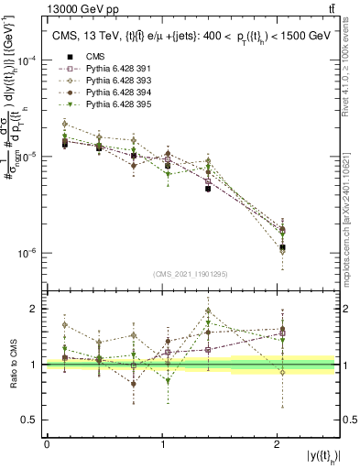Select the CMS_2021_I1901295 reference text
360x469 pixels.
tap(191, 275)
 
